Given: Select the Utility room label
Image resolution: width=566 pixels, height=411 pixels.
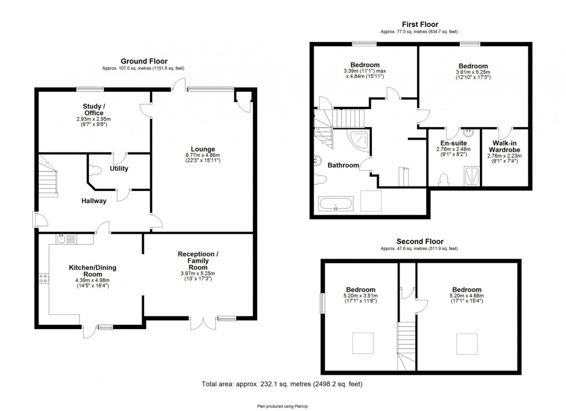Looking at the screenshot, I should pos(119,169).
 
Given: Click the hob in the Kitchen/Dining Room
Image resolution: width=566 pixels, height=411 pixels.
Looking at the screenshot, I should pos(43,279).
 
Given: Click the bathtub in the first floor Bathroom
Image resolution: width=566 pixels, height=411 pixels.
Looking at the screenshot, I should pos(335,203).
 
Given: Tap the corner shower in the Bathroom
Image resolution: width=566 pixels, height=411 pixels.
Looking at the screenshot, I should pos(358,139).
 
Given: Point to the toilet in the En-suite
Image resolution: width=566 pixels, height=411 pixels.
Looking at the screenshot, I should pos(444,180).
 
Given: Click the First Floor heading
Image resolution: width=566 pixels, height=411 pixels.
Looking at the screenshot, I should pos(419,24).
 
